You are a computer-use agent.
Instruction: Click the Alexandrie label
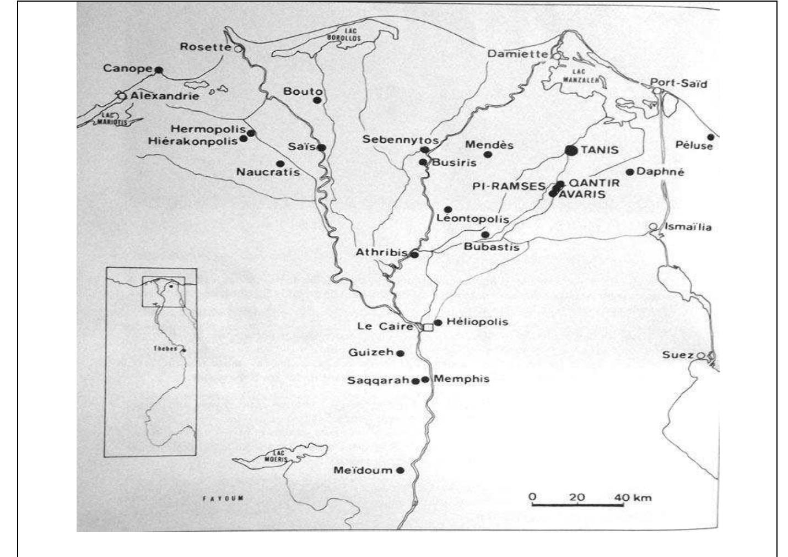tap(164, 96)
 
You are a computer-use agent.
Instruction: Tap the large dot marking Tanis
tap(571, 150)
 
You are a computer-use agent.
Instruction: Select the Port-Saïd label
tap(678, 83)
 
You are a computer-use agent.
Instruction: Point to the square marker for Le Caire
tap(428, 327)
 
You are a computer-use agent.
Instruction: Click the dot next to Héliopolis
tap(438, 322)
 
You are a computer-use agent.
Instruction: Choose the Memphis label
tap(461, 379)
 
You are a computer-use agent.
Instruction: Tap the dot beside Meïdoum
tap(401, 470)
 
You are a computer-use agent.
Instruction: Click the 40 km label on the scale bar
tap(633, 498)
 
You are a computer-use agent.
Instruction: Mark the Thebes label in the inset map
tap(167, 349)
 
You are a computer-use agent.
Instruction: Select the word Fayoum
tap(223, 499)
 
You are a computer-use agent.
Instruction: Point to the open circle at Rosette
tap(238, 48)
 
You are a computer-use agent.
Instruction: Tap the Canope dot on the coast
tap(159, 70)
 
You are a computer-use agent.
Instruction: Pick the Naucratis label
tap(268, 172)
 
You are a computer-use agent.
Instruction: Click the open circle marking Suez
tap(700, 356)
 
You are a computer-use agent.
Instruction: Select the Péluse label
tap(694, 146)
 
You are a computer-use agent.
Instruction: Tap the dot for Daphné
tap(630, 172)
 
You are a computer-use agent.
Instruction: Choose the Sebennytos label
tap(400, 140)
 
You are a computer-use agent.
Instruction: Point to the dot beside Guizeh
tap(401, 353)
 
